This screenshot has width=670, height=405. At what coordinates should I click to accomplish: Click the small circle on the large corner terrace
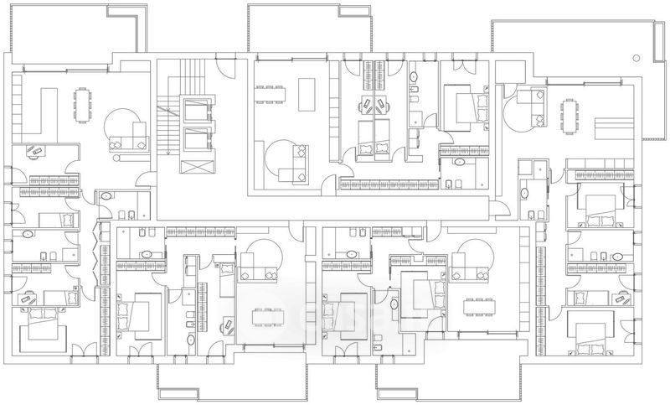[x=636, y=59]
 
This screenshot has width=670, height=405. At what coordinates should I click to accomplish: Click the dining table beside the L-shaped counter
[x=82, y=104]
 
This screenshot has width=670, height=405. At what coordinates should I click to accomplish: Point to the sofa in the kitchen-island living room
[x=294, y=164]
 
